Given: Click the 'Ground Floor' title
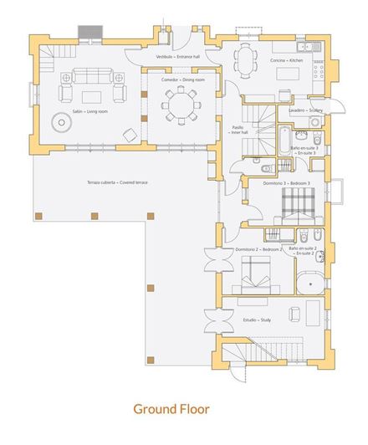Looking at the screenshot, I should [x=171, y=409].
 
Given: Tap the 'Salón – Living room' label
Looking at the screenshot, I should [x=64, y=110].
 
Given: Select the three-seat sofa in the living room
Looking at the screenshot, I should [x=90, y=76].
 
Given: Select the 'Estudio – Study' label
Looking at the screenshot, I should [x=244, y=320].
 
